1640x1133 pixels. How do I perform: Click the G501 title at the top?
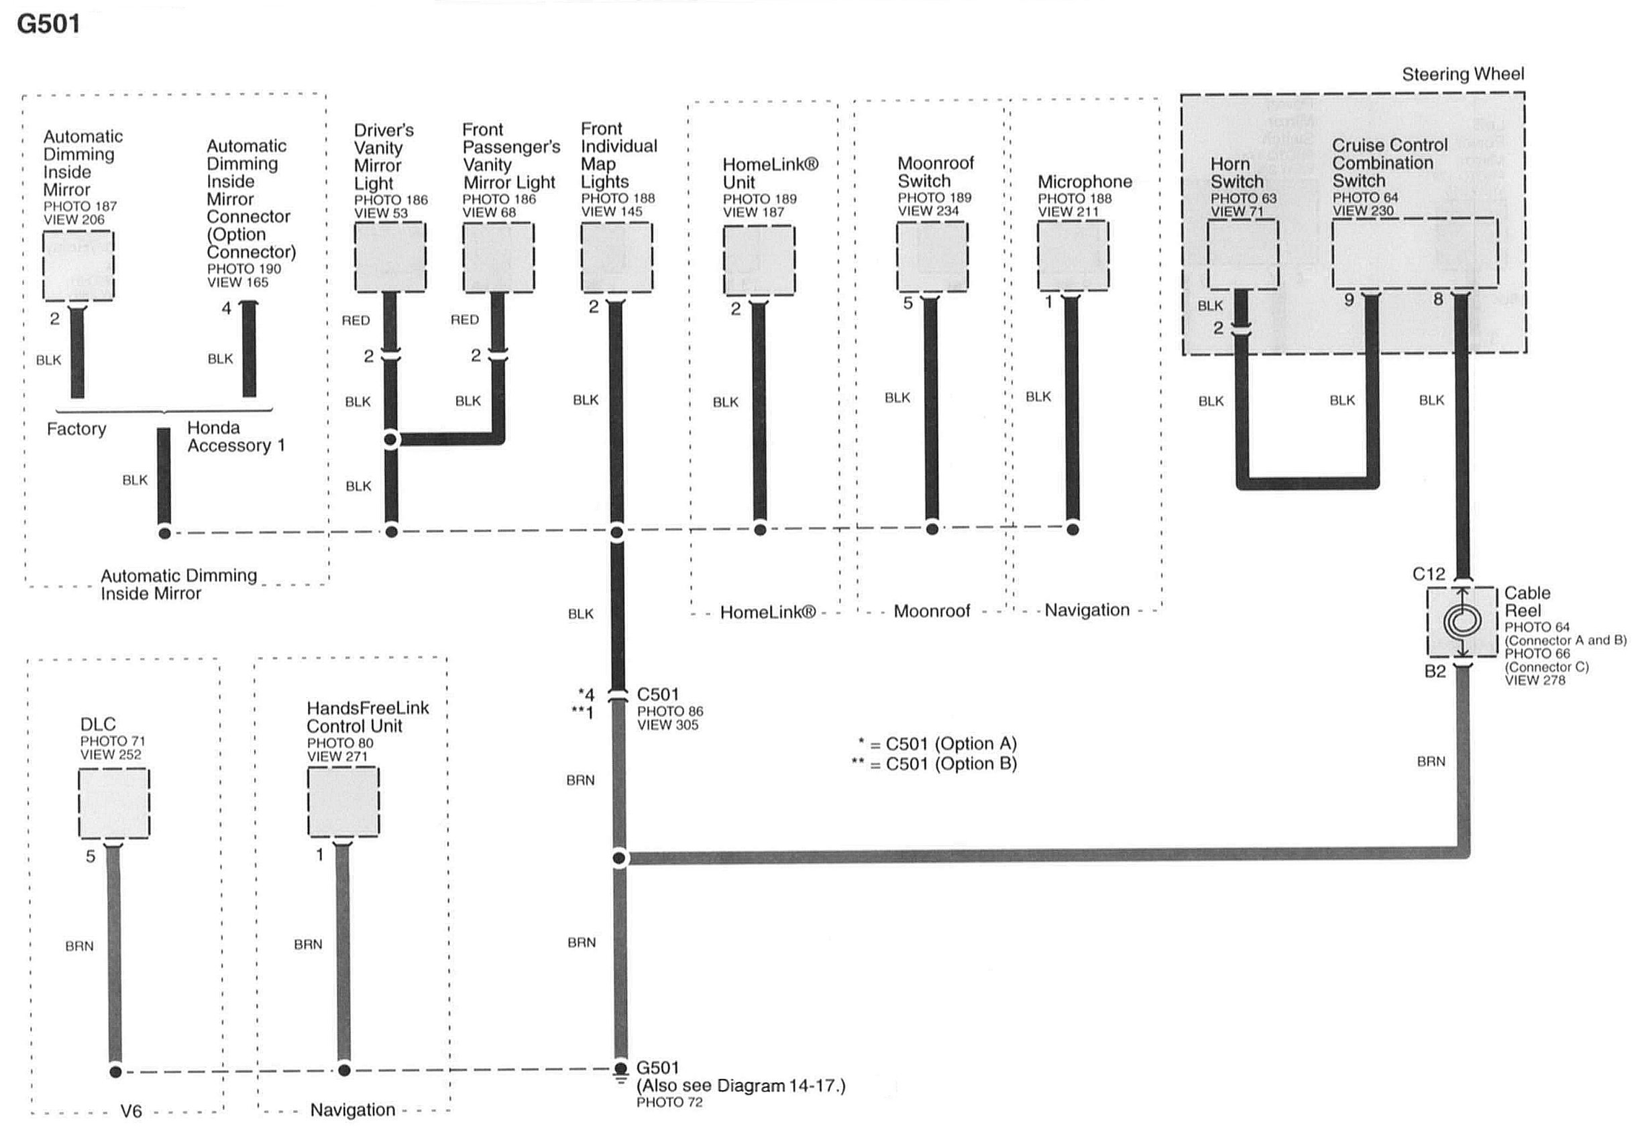tap(48, 24)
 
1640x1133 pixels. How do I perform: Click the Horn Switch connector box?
tap(1242, 254)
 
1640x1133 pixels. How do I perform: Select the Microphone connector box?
tap(1073, 255)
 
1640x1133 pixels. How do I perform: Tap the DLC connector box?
tap(113, 804)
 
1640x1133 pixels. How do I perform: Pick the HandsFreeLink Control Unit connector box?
tap(343, 802)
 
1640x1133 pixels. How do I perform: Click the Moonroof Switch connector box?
tap(931, 256)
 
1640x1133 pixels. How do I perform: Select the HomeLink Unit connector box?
tap(759, 260)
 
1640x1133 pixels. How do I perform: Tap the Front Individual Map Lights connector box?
tap(616, 257)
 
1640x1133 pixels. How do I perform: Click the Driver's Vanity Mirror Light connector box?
tap(390, 256)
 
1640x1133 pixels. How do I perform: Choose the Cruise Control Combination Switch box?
tap(1414, 253)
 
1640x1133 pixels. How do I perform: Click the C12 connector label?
tap(1428, 575)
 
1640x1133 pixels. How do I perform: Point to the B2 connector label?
tap(1435, 672)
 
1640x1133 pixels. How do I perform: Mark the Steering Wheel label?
tap(1462, 74)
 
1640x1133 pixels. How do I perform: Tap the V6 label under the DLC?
tap(131, 1111)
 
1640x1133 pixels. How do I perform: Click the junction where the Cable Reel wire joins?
tap(619, 858)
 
